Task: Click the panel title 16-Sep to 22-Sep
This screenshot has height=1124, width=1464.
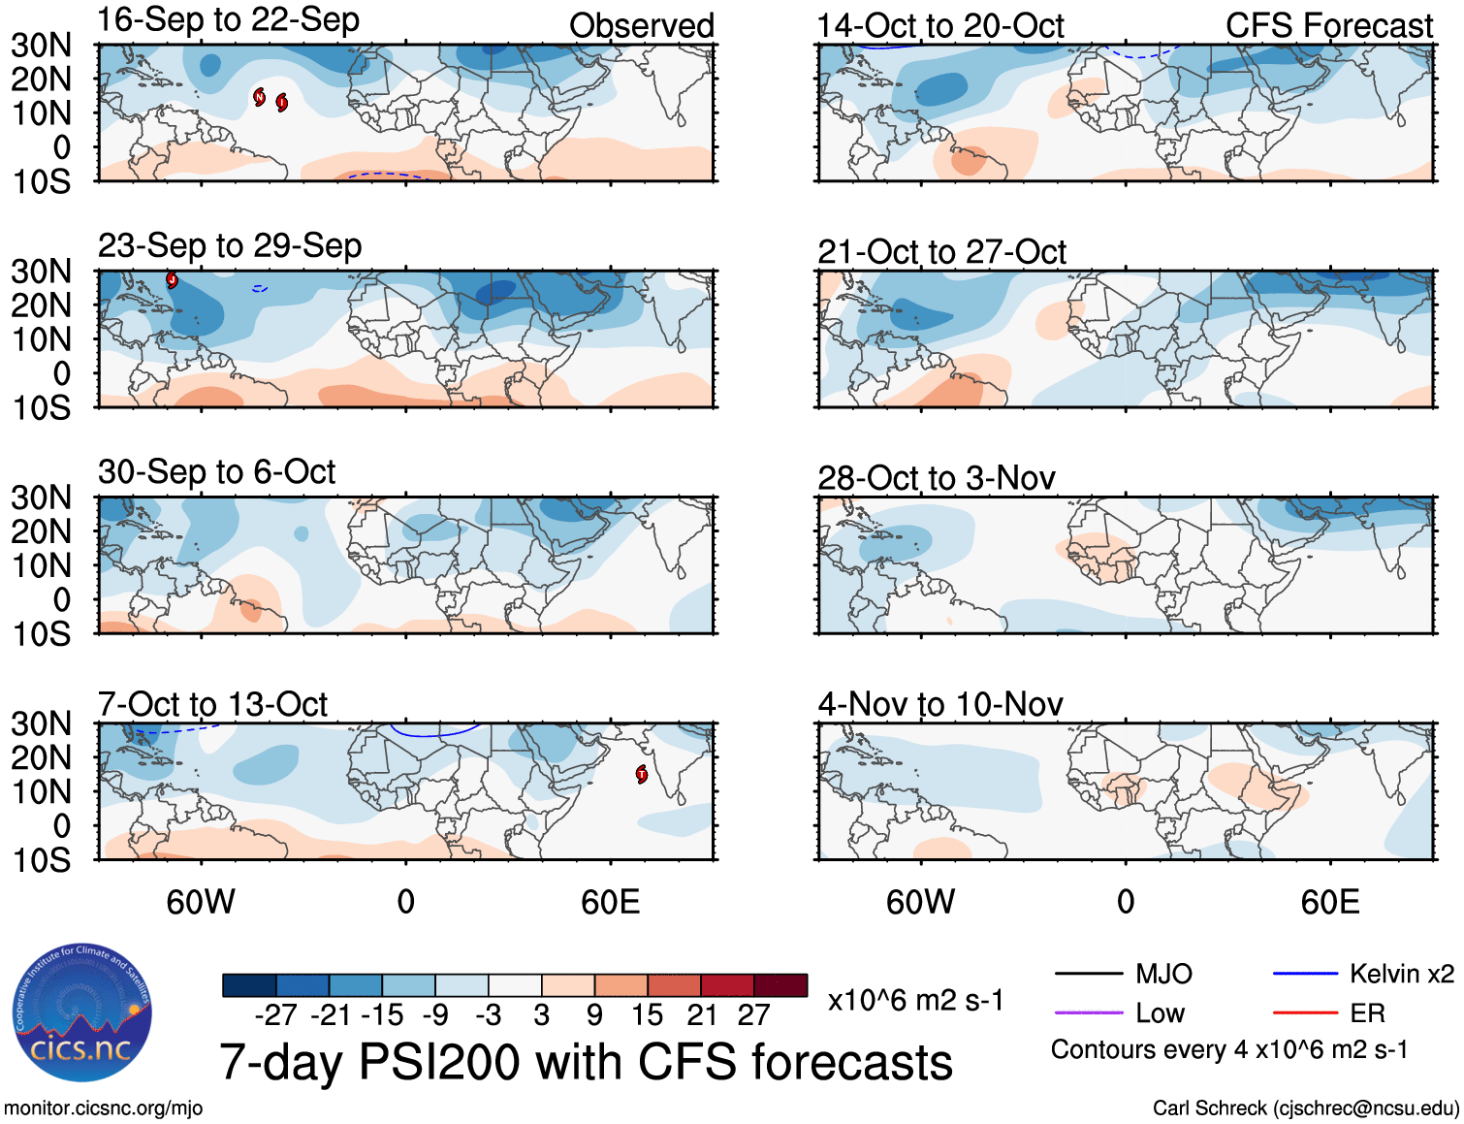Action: [228, 20]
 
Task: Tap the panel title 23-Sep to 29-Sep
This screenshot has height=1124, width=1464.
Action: [230, 246]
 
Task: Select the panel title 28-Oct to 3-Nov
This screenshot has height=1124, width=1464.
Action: [936, 478]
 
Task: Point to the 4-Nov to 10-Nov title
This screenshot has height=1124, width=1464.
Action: [939, 704]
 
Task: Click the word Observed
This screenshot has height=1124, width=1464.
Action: [641, 26]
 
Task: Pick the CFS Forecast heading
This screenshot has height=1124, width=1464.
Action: [1328, 26]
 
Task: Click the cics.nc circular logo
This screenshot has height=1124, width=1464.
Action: [81, 1013]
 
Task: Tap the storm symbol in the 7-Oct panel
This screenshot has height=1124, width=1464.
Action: [641, 774]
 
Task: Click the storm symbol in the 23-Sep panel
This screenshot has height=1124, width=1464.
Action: [172, 280]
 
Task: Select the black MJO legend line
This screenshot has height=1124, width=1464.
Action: [1088, 974]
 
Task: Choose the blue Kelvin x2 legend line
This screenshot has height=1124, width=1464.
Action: [1305, 974]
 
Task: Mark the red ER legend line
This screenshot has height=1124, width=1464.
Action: [1305, 1013]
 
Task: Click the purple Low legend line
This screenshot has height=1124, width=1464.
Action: [1088, 1013]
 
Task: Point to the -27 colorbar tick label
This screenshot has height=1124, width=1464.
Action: [275, 1015]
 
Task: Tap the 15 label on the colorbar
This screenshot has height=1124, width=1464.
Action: [647, 1015]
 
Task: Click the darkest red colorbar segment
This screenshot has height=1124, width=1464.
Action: [780, 985]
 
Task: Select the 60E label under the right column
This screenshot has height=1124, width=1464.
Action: [1329, 903]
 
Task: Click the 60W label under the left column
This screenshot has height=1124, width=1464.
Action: [201, 903]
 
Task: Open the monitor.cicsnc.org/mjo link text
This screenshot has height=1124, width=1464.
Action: [103, 1108]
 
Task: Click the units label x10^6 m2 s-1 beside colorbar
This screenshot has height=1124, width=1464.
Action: [915, 1001]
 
